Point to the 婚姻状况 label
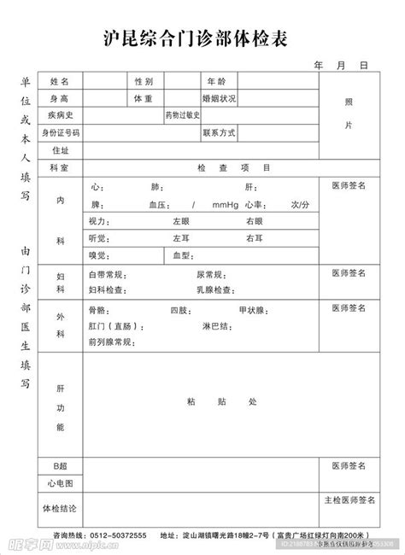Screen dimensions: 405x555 pyautogui.click(x=220, y=98)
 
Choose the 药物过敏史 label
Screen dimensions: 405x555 pyautogui.click(x=182, y=115)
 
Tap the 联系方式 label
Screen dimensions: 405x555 pyautogui.click(x=220, y=133)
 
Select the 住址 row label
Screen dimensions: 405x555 pyautogui.click(x=59, y=150)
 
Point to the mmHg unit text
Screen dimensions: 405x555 pyautogui.click(x=226, y=205)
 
